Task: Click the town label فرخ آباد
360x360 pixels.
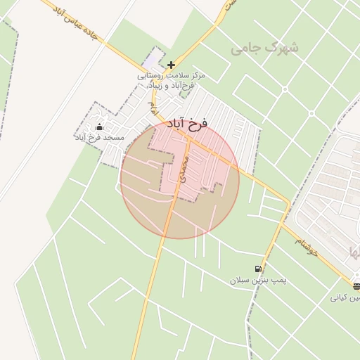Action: pyautogui.click(x=188, y=124)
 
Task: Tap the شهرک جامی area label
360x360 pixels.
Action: pyautogui.click(x=264, y=49)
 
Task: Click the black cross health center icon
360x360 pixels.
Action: pyautogui.click(x=171, y=65)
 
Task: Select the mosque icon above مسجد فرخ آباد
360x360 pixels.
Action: pyautogui.click(x=99, y=127)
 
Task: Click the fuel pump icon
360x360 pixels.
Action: pyautogui.click(x=259, y=268)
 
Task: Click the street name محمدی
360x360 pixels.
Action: pyautogui.click(x=184, y=170)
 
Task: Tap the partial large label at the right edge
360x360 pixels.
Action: pyautogui.click(x=352, y=251)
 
